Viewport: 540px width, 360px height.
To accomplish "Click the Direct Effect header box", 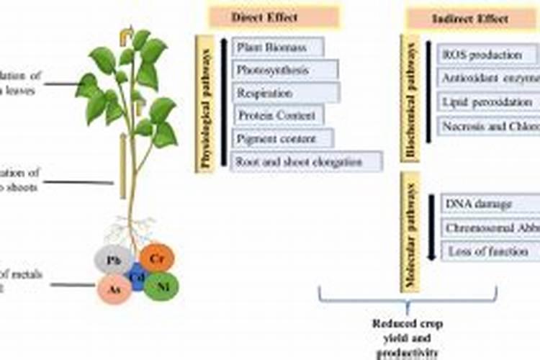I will point(264,17).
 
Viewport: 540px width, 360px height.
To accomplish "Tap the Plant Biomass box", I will point(277,48).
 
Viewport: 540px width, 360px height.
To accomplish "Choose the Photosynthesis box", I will point(284,71).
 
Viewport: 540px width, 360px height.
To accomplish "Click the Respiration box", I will point(285,93).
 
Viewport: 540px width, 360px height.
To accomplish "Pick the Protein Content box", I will point(278,115).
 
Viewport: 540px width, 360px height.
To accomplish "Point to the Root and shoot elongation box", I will point(306,161).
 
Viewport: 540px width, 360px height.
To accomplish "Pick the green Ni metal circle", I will point(161,286).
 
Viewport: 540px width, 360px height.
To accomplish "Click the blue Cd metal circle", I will point(137,275).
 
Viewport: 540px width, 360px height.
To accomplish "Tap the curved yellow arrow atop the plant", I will point(127,33).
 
